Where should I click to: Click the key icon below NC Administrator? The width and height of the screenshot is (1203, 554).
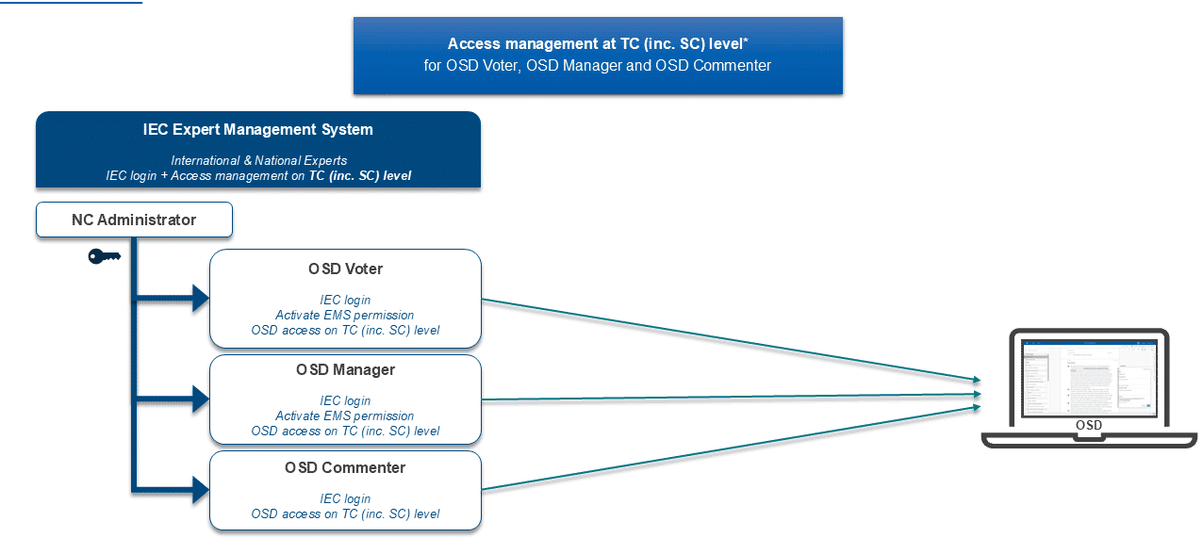(104, 256)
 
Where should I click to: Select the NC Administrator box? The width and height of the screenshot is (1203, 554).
(134, 220)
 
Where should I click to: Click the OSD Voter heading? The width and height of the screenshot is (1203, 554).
(345, 269)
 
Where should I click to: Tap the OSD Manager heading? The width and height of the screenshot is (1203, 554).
(345, 369)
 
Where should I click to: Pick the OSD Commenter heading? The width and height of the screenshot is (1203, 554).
(345, 467)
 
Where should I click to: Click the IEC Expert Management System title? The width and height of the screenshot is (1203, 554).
(257, 130)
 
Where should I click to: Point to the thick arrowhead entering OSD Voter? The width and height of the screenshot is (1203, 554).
(200, 300)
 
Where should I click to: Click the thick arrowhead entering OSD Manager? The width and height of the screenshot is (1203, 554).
(200, 399)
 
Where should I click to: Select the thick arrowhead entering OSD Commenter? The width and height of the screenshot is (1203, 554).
(200, 488)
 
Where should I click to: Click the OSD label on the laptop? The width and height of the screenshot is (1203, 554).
(1088, 426)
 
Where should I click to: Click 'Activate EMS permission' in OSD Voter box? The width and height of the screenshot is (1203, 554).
(345, 315)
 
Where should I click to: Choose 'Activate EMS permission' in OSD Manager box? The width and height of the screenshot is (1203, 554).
(345, 415)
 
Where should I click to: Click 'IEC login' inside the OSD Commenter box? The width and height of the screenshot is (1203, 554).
(345, 498)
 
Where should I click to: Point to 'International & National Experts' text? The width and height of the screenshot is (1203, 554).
(257, 161)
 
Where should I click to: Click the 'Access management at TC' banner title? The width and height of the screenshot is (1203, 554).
(598, 44)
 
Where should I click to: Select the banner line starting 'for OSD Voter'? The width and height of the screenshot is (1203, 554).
(598, 66)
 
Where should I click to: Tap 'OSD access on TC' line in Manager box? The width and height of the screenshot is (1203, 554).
(345, 431)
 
